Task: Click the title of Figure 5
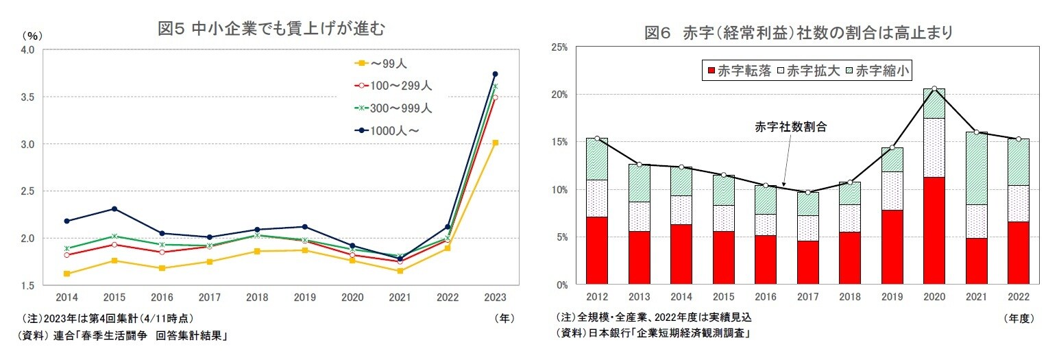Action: pyautogui.click(x=271, y=29)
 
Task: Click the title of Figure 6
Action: pyautogui.click(x=799, y=33)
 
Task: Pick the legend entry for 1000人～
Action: pyautogui.click(x=391, y=130)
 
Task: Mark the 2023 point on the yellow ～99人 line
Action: pyautogui.click(x=495, y=143)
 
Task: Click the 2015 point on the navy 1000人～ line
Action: pyautogui.click(x=114, y=208)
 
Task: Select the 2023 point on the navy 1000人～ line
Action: pyautogui.click(x=495, y=74)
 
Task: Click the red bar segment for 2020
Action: pyautogui.click(x=934, y=230)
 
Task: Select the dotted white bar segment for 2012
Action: pyautogui.click(x=597, y=198)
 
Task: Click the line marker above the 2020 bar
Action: pyautogui.click(x=934, y=88)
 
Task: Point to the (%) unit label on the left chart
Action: pyautogui.click(x=32, y=36)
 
